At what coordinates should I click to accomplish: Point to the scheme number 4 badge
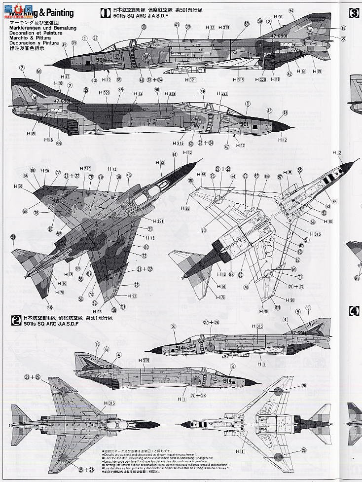(x=354, y=311)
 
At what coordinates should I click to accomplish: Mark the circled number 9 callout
(x=308, y=308)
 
